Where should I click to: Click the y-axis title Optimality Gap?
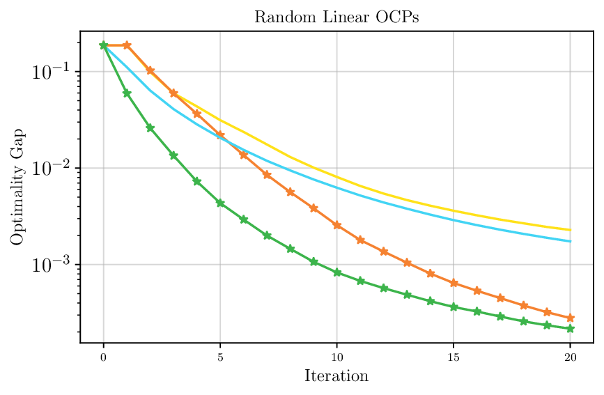[17, 187]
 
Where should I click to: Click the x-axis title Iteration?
[336, 377]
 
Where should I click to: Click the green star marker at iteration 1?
[127, 93]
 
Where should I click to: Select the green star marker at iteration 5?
[220, 203]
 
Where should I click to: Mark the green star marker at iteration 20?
[570, 328]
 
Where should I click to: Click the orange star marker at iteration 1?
[127, 45]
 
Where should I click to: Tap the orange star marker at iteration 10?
[337, 225]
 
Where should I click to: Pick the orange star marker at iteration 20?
[570, 318]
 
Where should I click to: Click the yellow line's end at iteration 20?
[570, 230]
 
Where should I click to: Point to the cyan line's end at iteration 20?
[570, 241]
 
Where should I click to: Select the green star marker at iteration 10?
[337, 272]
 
